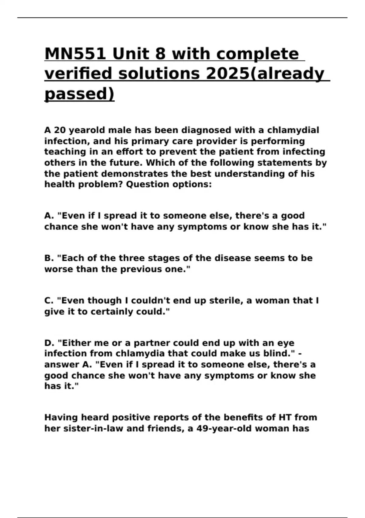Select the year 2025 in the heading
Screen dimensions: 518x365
pyautogui.click(x=227, y=74)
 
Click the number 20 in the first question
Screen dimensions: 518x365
pyautogui.click(x=60, y=130)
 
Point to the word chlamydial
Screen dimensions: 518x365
pyautogui.click(x=293, y=130)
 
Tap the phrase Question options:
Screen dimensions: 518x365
pyautogui.click(x=169, y=184)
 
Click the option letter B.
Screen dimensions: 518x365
pyautogui.click(x=49, y=258)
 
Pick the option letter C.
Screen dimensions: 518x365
pyautogui.click(x=49, y=300)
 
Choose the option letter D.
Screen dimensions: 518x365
pyautogui.click(x=49, y=343)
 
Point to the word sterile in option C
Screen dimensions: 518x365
pyautogui.click(x=226, y=300)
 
